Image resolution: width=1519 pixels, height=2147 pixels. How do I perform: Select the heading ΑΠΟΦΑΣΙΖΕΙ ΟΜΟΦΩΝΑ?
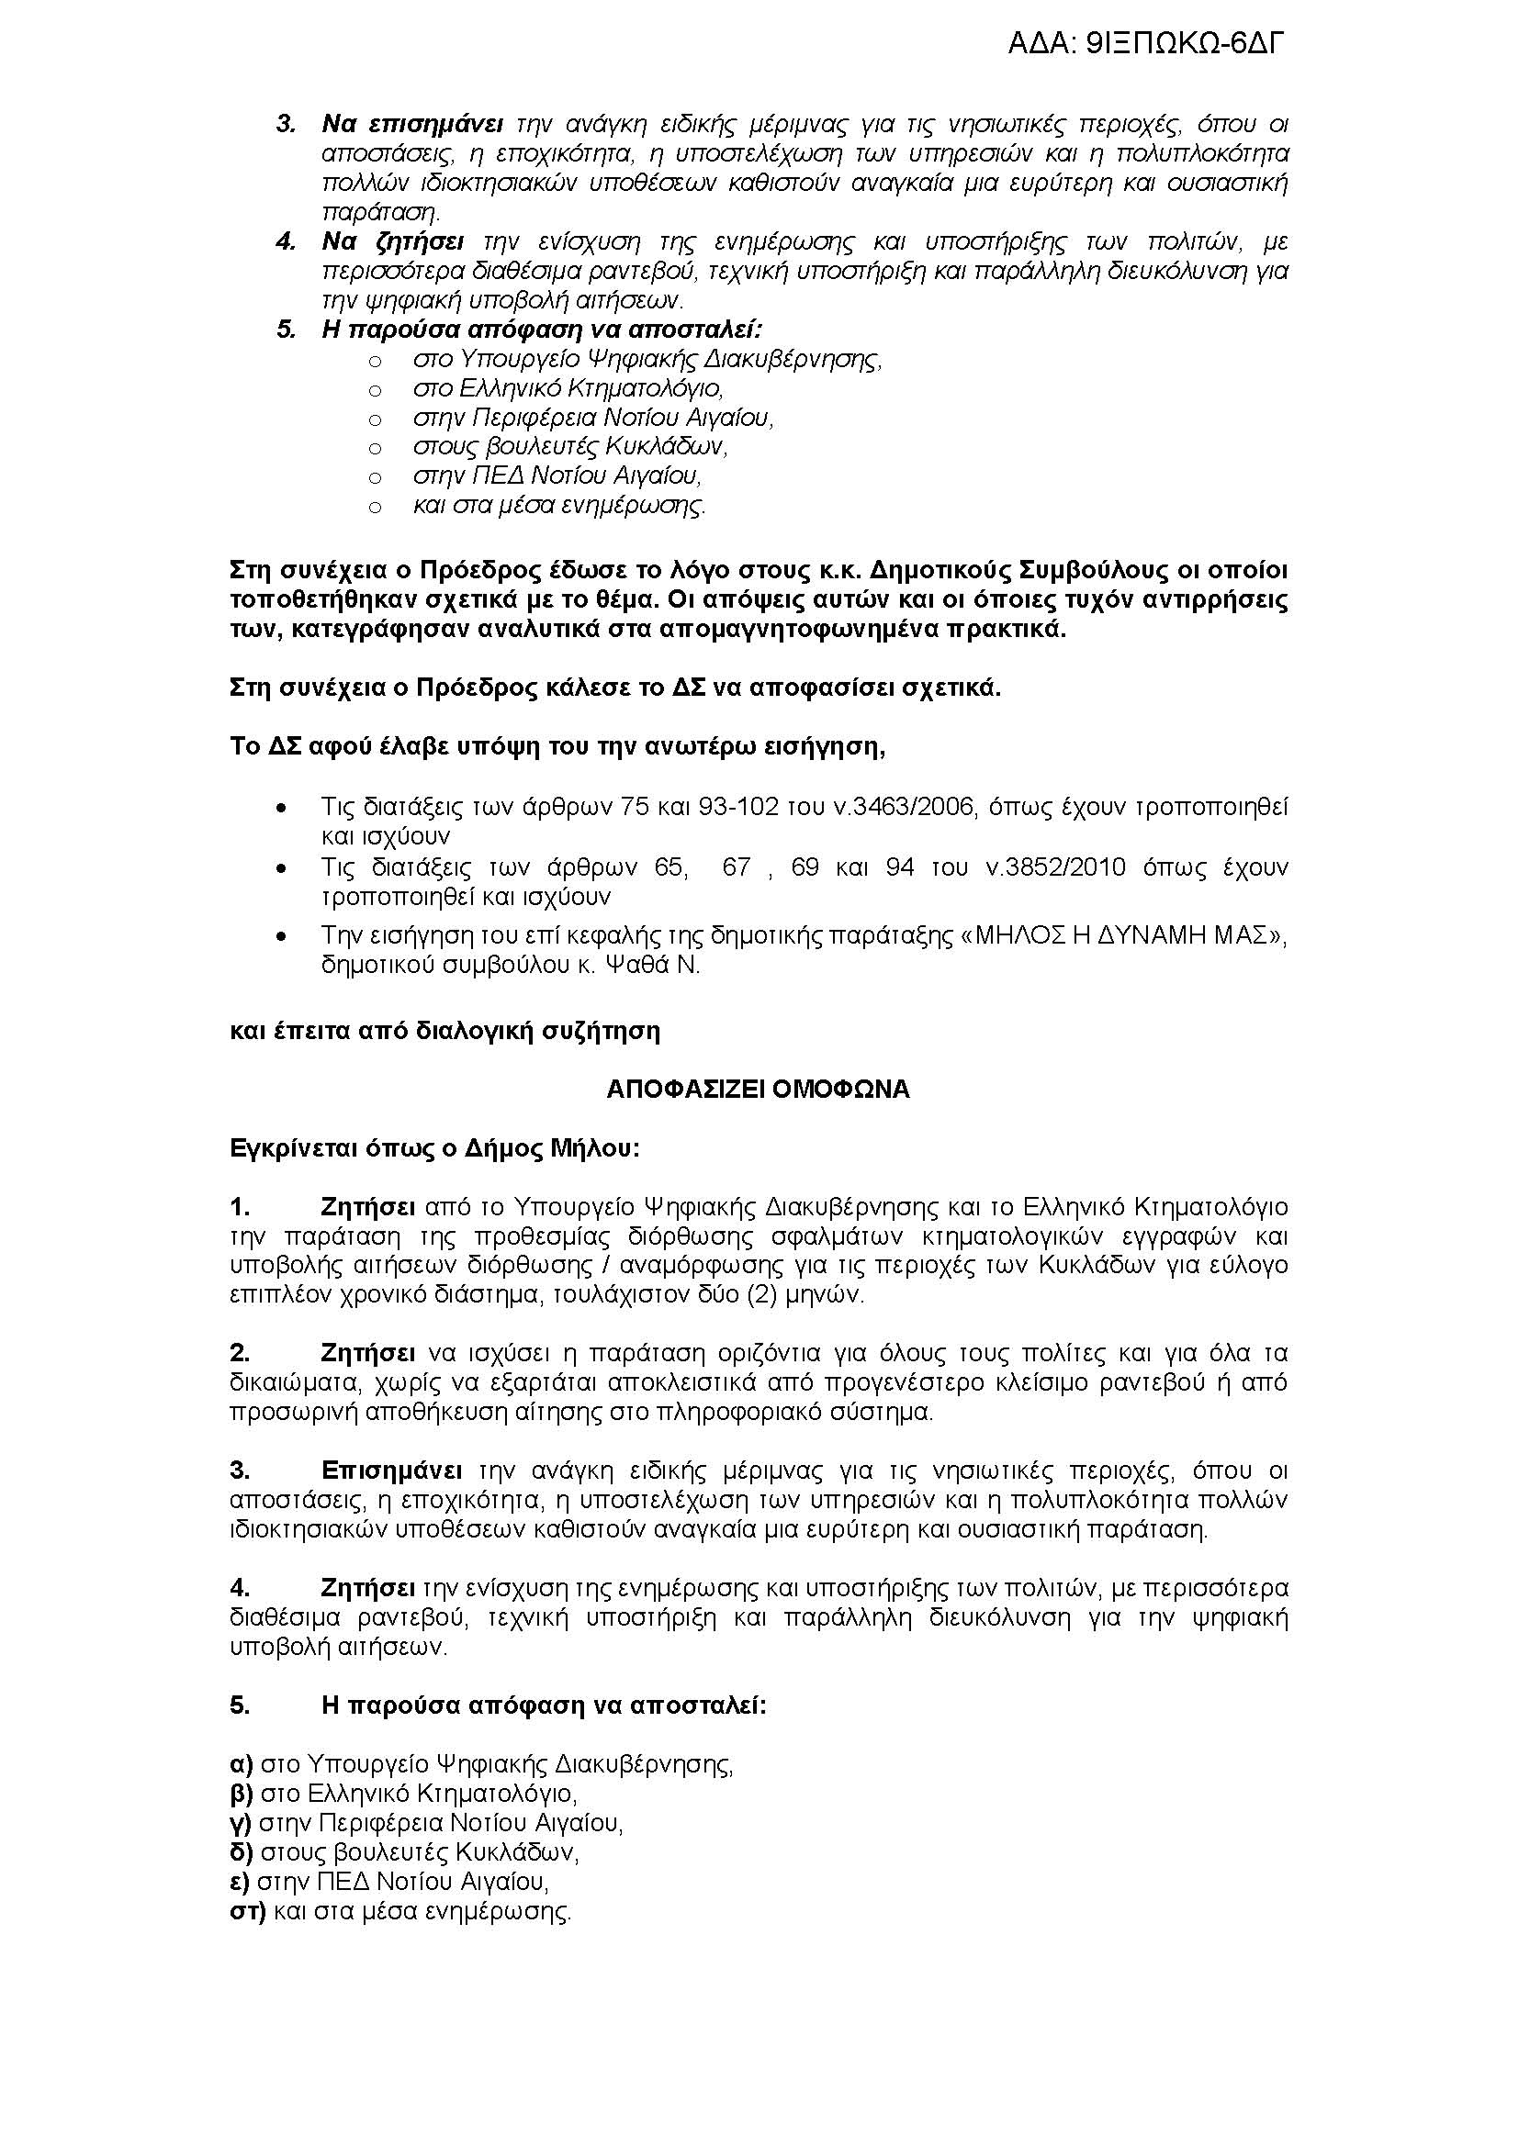tap(758, 1090)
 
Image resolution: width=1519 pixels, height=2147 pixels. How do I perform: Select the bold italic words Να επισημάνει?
tap(412, 123)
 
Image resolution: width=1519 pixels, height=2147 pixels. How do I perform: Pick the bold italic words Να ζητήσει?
tap(393, 241)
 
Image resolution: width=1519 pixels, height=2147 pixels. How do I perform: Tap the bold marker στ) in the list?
tap(248, 1911)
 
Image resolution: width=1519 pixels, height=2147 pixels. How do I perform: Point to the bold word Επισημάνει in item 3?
tap(391, 1470)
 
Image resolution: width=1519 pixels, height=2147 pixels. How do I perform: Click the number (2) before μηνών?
tap(783, 1295)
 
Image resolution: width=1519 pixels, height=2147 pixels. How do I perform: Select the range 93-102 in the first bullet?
tap(740, 807)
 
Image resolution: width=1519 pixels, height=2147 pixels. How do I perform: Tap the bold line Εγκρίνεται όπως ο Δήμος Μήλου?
tap(435, 1148)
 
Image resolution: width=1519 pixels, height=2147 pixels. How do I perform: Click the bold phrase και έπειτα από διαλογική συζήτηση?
tap(445, 1032)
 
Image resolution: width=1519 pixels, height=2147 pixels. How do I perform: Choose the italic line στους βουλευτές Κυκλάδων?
tap(569, 447)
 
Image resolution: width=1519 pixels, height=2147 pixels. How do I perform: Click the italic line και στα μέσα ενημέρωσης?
tap(559, 506)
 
